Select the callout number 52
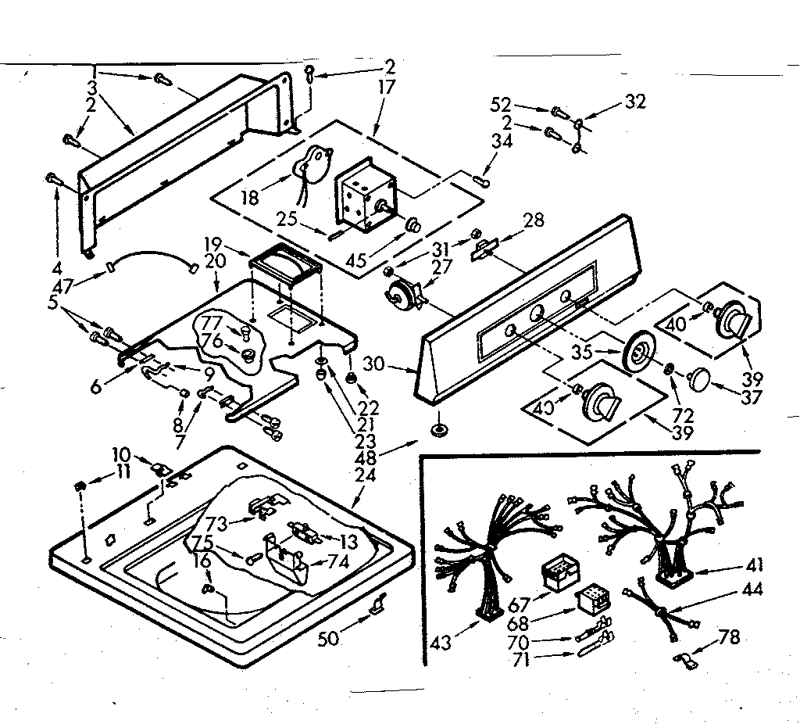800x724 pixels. pos(501,104)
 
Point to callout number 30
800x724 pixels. pos(394,364)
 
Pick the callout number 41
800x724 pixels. pos(755,565)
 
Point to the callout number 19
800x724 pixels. pos(214,243)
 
